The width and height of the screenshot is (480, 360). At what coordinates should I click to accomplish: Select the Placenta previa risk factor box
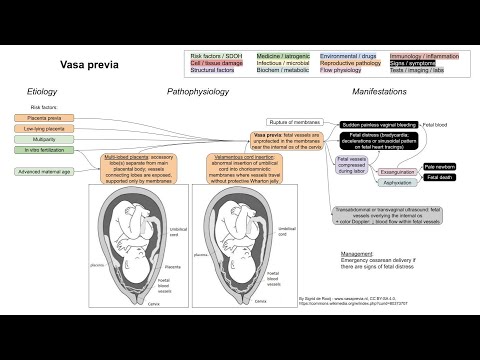click(43, 117)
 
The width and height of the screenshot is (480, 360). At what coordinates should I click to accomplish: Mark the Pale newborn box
click(441, 166)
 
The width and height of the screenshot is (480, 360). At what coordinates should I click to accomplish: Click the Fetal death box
click(440, 177)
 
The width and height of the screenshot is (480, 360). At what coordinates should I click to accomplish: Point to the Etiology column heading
click(44, 91)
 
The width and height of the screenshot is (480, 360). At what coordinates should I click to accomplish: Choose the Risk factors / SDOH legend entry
click(220, 56)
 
